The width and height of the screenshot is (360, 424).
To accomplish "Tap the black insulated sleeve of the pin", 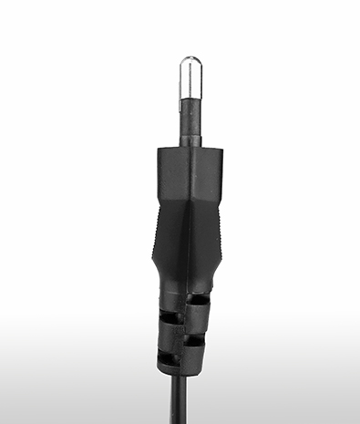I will [191, 118].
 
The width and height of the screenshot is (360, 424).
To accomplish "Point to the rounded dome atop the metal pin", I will [191, 61].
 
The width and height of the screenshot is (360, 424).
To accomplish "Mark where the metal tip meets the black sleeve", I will [191, 98].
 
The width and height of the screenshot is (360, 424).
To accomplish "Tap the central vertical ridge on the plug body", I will [190, 237].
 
